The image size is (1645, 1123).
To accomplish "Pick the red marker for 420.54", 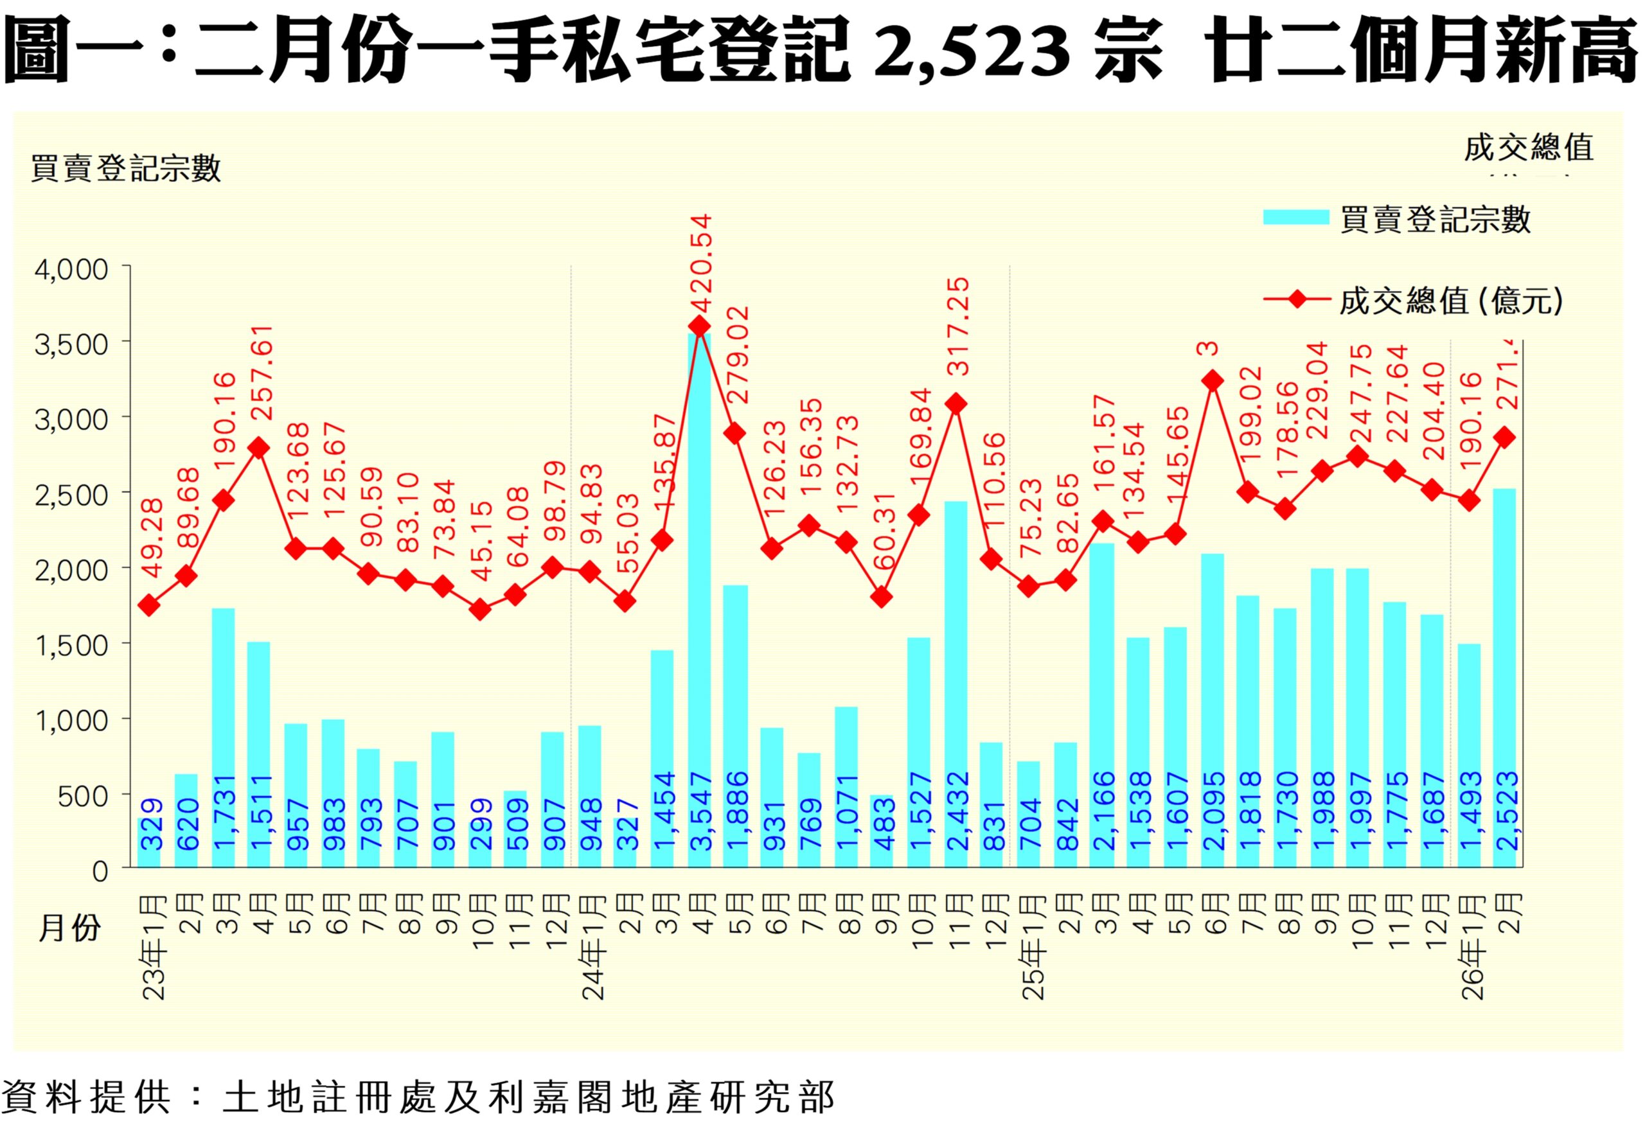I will pyautogui.click(x=699, y=326).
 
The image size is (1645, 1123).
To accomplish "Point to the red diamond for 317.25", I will pyautogui.click(x=956, y=404).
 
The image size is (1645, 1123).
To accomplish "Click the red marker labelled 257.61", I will pyautogui.click(x=259, y=448).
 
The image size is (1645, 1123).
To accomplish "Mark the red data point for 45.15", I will pyautogui.click(x=480, y=609).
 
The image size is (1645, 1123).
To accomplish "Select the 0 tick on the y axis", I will pyautogui.click(x=100, y=871).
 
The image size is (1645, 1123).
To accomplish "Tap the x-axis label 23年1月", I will pyautogui.click(x=154, y=948).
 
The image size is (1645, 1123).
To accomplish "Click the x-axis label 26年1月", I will pyautogui.click(x=1473, y=948).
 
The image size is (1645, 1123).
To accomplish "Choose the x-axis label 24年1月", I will pyautogui.click(x=594, y=948).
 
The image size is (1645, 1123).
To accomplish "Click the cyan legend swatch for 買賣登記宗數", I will pyautogui.click(x=1296, y=217).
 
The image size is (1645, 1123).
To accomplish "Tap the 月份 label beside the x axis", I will pyautogui.click(x=69, y=928).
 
